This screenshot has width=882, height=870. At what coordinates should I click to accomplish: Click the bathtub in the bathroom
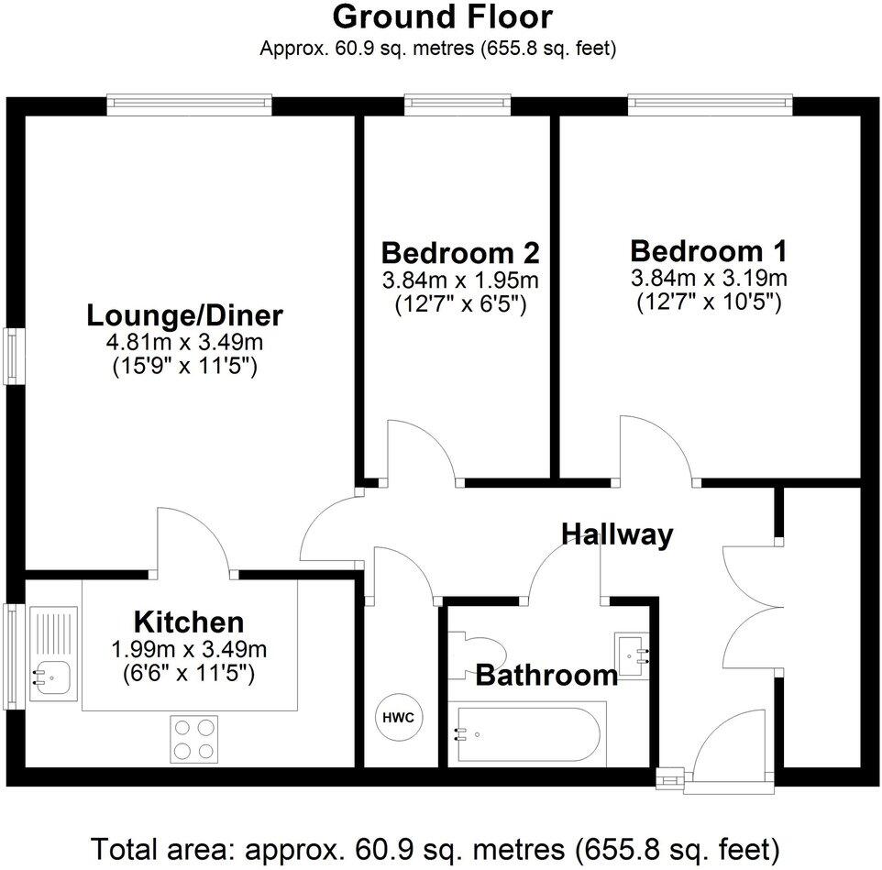pos(527,733)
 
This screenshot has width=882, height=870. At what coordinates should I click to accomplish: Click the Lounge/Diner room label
pos(184,316)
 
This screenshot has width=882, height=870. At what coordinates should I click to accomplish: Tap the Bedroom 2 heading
pos(459,252)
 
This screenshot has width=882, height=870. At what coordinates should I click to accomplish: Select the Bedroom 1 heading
pos(709,250)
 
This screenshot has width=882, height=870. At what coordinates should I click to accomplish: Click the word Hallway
pos(617,534)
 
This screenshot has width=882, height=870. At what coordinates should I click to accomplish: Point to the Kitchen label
pos(189,622)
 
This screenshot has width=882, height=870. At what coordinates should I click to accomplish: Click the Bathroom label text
pos(546,677)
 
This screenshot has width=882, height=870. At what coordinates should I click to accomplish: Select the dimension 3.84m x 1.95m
pos(459,279)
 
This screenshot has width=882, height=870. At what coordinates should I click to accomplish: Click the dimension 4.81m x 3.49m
pos(184,343)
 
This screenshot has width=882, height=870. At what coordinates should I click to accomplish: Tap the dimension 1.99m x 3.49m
pos(189,650)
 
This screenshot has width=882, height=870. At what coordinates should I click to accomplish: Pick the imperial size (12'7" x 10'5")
pos(709,302)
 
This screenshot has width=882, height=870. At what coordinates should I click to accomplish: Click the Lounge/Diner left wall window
pos(12,357)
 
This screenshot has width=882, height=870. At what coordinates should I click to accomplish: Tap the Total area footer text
pos(436,844)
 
